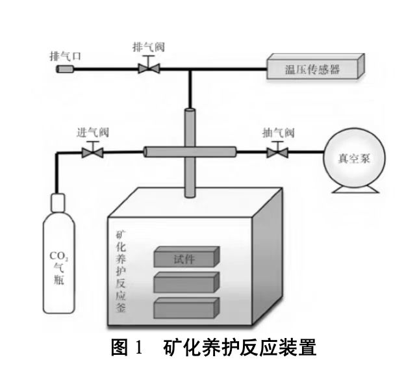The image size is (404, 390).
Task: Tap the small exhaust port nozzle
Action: coord(66,68)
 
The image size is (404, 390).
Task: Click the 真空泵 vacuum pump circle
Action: coord(355,157)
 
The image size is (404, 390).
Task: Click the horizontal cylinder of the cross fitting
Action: coord(188,151)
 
